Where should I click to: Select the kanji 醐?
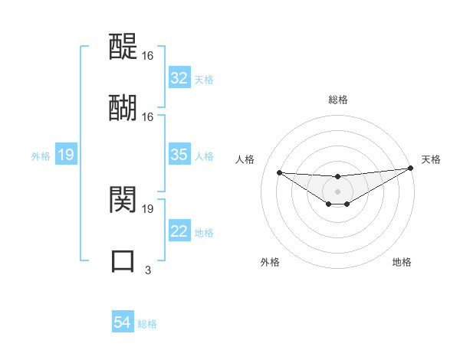[x=123, y=107]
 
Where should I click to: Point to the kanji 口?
[x=123, y=260]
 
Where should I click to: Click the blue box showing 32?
[x=179, y=78]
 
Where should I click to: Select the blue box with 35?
[x=179, y=155]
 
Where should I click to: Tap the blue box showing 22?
[x=179, y=232]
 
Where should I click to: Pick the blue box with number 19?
[x=66, y=155]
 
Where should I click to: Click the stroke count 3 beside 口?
[x=148, y=270]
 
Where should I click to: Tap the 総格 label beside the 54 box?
[x=147, y=324]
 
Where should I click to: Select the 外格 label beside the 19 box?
[x=41, y=156]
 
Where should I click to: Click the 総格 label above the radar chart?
[x=337, y=100]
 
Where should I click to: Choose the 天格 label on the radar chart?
[x=431, y=159]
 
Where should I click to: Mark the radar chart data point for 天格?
[x=412, y=168]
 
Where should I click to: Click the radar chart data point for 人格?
[x=279, y=172]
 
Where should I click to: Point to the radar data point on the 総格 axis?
[x=337, y=177]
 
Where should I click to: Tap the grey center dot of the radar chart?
[x=337, y=191]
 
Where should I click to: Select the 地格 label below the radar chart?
[x=402, y=262]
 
